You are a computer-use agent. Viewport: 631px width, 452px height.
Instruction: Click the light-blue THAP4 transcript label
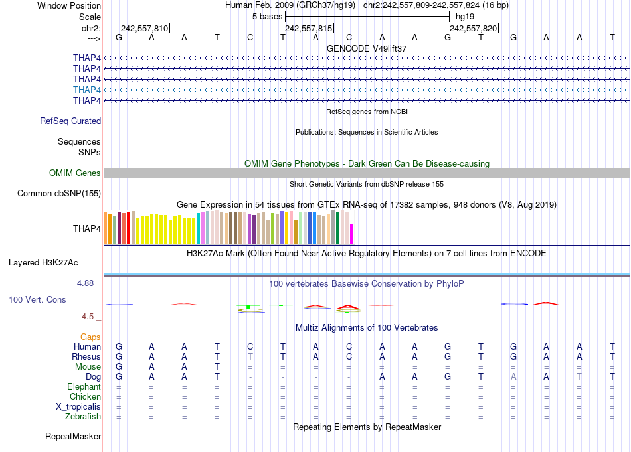[87, 90]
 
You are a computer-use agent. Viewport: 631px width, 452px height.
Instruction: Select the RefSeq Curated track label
[70, 121]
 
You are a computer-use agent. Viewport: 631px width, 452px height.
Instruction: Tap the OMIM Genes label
[75, 173]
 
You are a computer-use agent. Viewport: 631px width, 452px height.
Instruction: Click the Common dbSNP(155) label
[59, 194]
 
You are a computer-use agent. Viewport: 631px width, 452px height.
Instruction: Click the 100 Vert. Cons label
[37, 300]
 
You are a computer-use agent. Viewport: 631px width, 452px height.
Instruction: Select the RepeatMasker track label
[73, 437]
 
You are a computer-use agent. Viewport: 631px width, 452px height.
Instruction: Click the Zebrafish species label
[82, 417]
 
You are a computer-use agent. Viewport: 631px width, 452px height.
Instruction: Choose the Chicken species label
[84, 397]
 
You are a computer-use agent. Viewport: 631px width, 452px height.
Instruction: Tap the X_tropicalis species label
[78, 407]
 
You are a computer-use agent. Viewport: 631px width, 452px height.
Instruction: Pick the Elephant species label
[84, 387]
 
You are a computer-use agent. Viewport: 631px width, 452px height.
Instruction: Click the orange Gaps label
[90, 337]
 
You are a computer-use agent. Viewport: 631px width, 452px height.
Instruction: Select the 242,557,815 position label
[308, 29]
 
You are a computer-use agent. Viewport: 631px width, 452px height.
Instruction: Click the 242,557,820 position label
[472, 29]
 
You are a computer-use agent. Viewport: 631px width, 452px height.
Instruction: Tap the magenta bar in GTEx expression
[352, 234]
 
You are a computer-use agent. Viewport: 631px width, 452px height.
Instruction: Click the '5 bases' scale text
[267, 17]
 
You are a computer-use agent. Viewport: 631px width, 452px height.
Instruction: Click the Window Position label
[69, 5]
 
